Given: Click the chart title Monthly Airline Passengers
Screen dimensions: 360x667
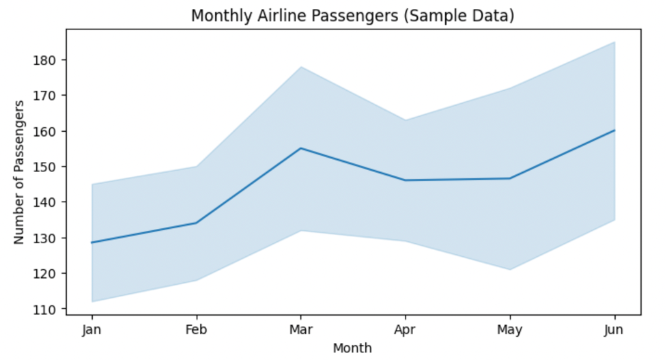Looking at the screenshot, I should click(x=352, y=15).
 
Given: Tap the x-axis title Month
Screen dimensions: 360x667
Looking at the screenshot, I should click(x=352, y=348).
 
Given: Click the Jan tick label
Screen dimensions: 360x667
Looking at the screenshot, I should click(x=91, y=329).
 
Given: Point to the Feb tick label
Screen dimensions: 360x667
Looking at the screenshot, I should click(x=197, y=329).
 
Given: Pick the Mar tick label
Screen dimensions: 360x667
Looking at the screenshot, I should click(x=301, y=329).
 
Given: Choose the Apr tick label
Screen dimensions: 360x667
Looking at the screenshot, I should click(x=406, y=329).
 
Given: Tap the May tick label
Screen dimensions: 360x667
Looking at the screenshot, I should click(x=510, y=329).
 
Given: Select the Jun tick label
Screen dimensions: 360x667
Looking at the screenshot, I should click(x=614, y=329).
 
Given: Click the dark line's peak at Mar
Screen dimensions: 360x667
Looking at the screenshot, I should click(x=301, y=148).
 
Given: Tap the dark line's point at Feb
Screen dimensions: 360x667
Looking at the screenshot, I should click(x=197, y=223).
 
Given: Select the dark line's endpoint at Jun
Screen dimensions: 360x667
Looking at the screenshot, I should click(x=614, y=130).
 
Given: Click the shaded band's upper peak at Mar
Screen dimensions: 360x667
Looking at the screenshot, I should click(x=301, y=67).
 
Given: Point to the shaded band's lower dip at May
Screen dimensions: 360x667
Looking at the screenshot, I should click(x=510, y=269).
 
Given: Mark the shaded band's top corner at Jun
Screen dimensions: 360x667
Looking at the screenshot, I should click(x=614, y=42).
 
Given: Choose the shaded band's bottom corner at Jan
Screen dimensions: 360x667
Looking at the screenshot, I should click(x=91, y=301).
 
